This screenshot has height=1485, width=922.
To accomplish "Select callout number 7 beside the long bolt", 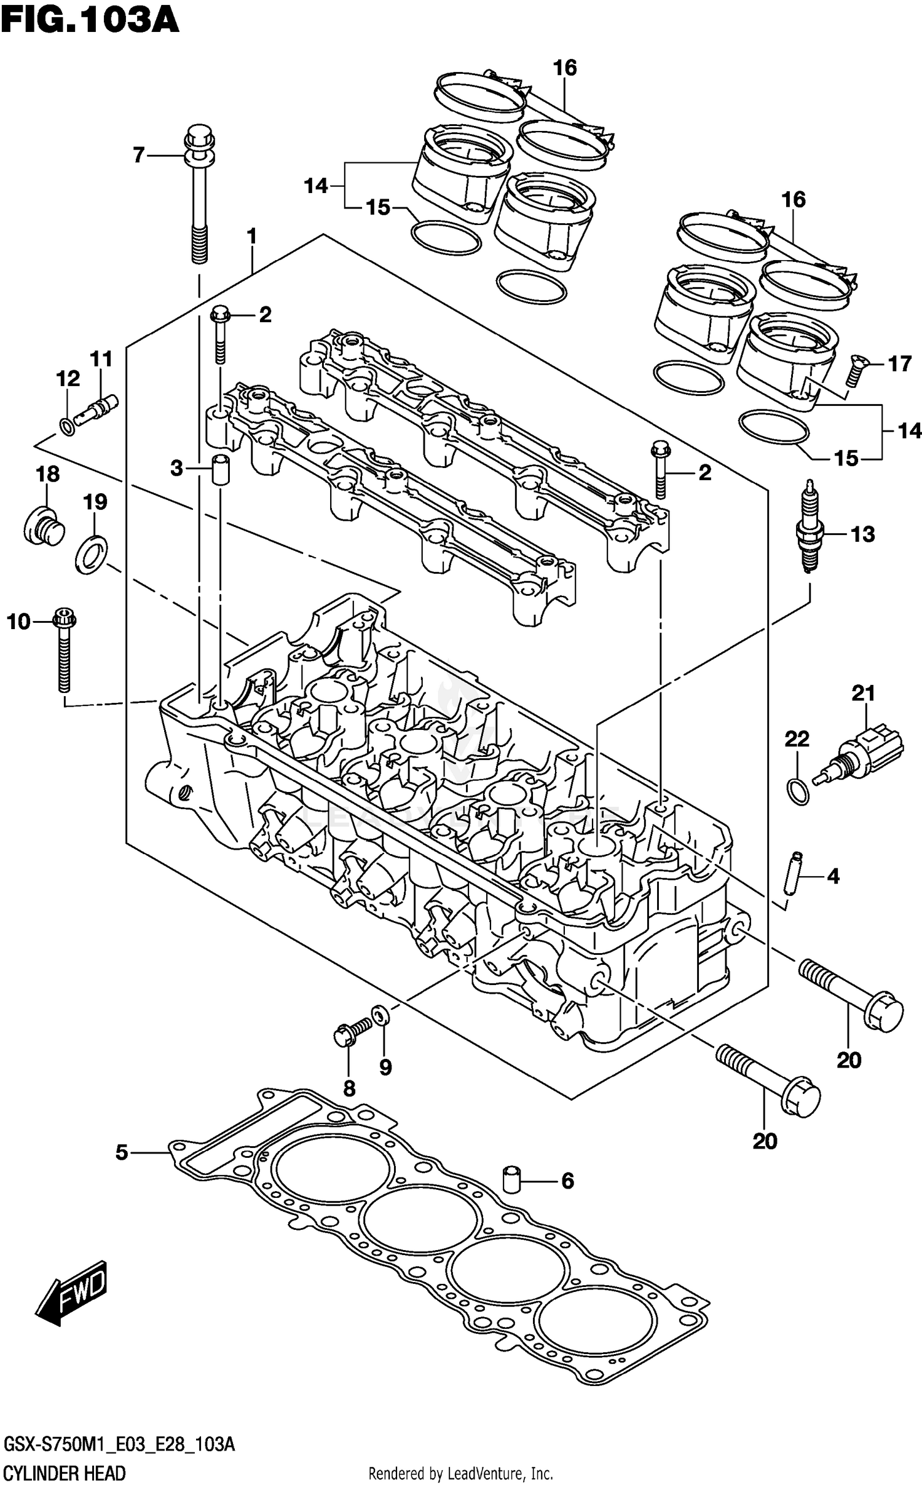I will [139, 155].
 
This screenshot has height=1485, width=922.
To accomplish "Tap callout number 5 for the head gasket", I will [122, 1152].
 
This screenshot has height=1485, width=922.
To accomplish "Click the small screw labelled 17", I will [853, 370].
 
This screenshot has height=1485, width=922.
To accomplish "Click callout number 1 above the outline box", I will [251, 236].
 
